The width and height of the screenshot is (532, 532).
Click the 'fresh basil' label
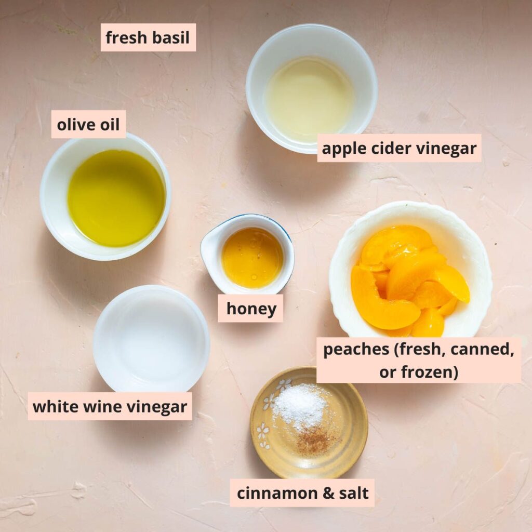148,37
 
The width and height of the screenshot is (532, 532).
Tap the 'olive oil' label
88,125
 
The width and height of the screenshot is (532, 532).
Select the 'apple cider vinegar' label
399,149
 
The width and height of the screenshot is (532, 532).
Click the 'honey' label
251,309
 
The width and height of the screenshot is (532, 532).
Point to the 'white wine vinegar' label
110,406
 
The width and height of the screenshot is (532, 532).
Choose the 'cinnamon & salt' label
302,493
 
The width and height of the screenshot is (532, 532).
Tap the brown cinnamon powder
314,441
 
